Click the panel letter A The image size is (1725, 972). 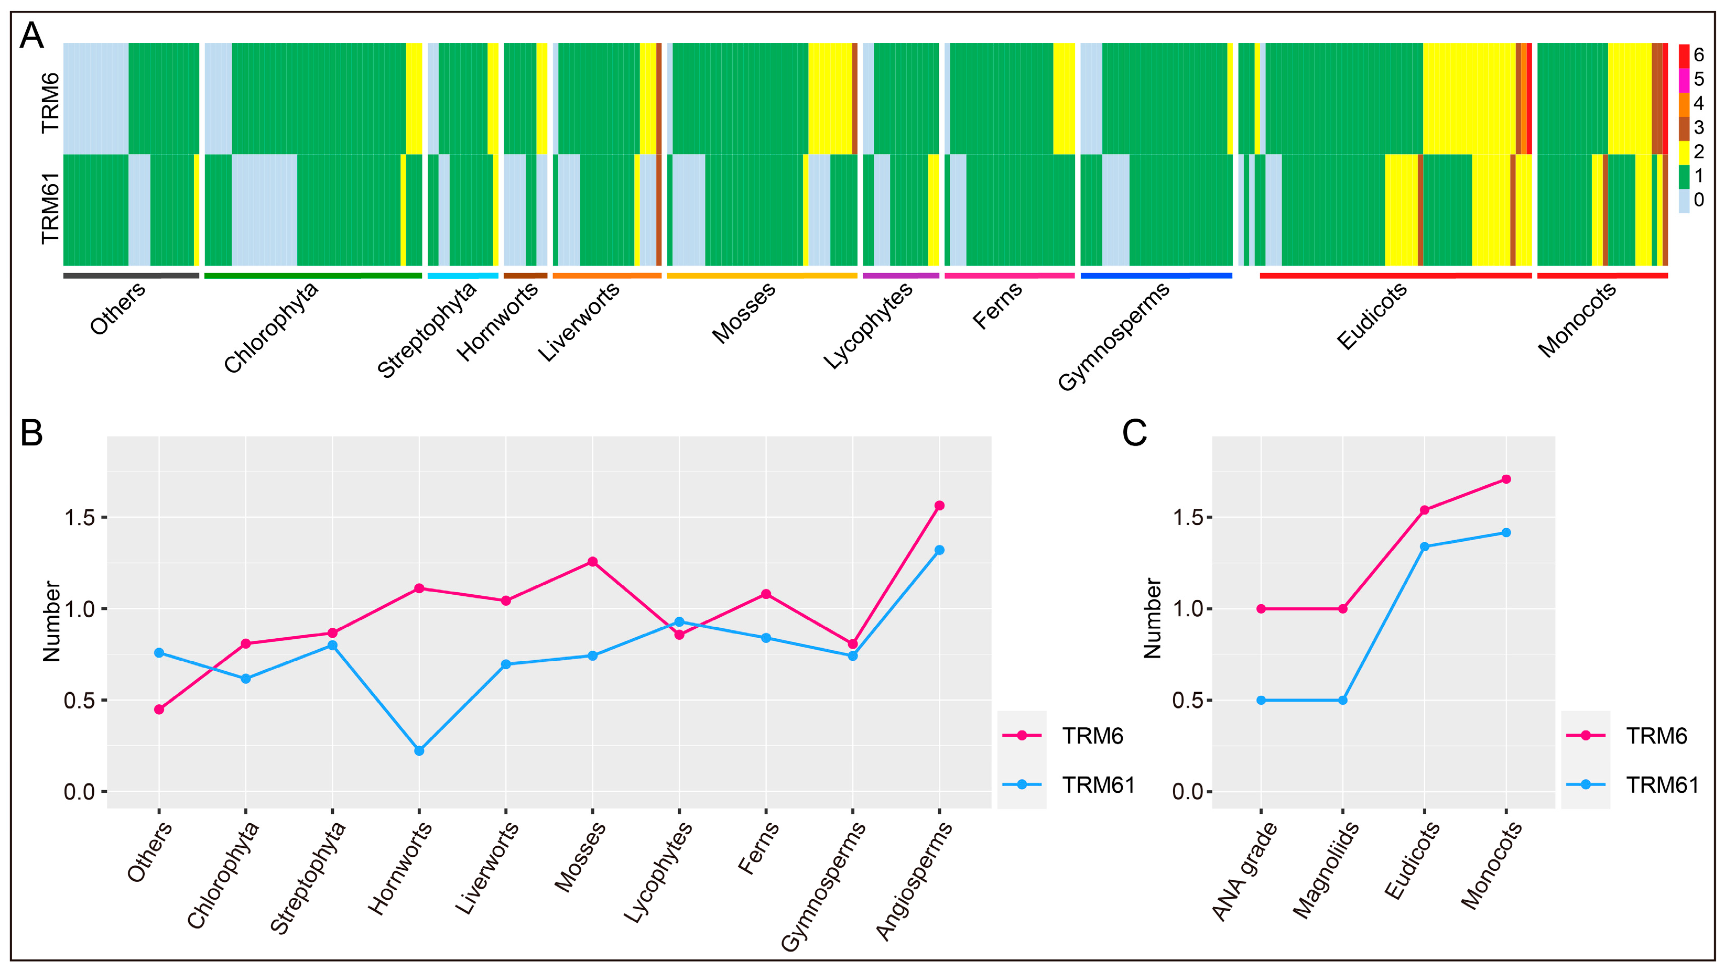pyautogui.click(x=31, y=36)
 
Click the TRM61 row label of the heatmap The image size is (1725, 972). pyautogui.click(x=51, y=209)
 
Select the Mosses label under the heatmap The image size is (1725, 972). pyautogui.click(x=744, y=313)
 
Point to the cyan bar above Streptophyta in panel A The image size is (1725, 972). pyautogui.click(x=463, y=275)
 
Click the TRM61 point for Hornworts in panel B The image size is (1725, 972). pyautogui.click(x=419, y=750)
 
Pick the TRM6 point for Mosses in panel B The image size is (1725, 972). pyautogui.click(x=593, y=562)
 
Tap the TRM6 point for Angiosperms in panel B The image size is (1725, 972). pyautogui.click(x=939, y=506)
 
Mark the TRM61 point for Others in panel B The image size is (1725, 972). pyautogui.click(x=159, y=653)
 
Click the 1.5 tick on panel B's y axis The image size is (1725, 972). pyautogui.click(x=79, y=518)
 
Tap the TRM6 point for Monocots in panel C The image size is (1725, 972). pyautogui.click(x=1506, y=479)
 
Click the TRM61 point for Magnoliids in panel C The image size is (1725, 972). pyautogui.click(x=1343, y=700)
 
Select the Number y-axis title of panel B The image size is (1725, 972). pyautogui.click(x=51, y=621)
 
